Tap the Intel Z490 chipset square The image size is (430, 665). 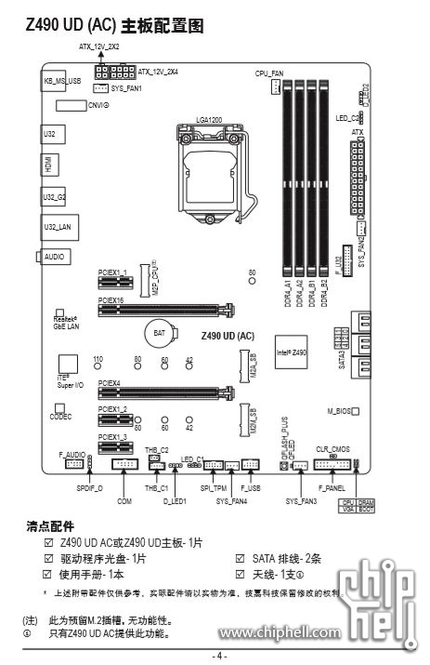tap(291, 352)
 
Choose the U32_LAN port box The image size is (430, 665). tap(58, 226)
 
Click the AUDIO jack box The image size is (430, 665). tap(55, 255)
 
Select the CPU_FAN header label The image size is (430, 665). tap(268, 73)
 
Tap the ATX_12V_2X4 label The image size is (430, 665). tap(157, 71)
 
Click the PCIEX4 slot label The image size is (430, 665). tap(110, 382)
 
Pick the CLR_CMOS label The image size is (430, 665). tap(332, 447)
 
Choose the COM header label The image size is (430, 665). tap(125, 500)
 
